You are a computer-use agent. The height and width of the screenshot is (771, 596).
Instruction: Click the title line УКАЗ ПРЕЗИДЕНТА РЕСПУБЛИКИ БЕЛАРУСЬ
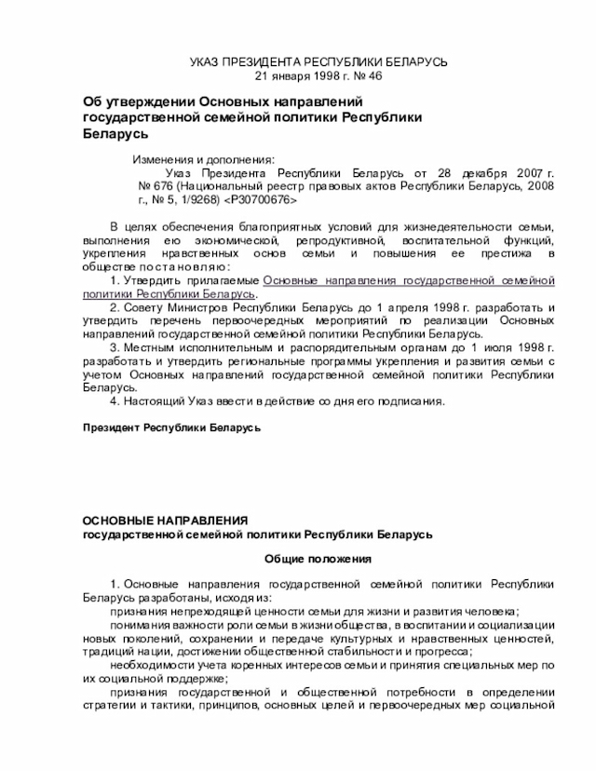tap(318, 61)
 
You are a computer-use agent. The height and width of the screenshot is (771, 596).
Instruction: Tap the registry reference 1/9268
tap(200, 199)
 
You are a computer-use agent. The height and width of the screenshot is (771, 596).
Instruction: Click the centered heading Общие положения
tap(318, 559)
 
